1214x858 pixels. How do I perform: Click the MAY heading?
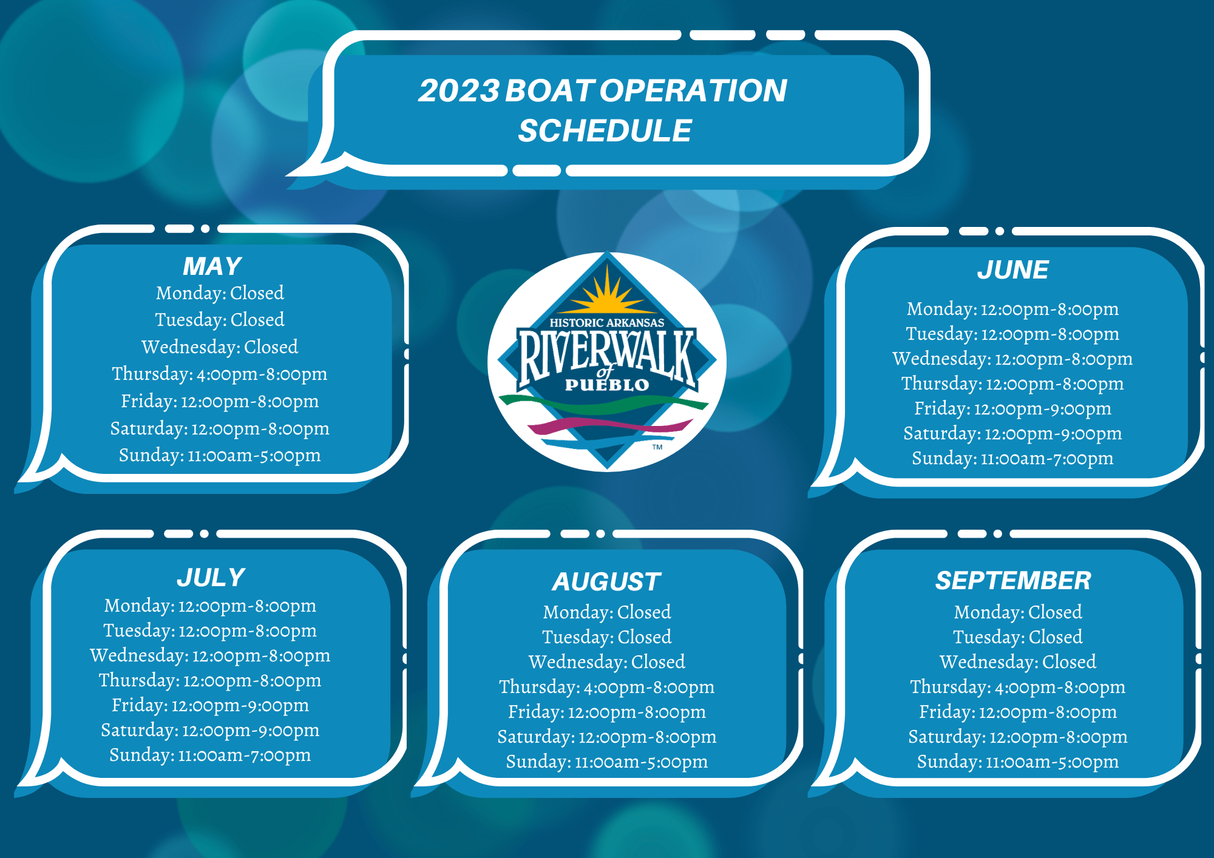coord(212,266)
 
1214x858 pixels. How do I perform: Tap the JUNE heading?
coord(1012,270)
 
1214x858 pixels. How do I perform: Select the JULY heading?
coord(211,577)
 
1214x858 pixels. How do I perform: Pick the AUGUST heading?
coord(606,581)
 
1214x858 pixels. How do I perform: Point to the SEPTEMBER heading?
coord(1013,581)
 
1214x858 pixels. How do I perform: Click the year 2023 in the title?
coord(459,91)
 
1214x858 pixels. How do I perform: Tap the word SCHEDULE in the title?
coord(605,131)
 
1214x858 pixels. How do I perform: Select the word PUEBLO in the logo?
coord(607,385)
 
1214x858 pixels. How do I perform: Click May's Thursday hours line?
coord(219,374)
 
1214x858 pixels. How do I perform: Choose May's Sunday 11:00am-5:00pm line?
coord(220,455)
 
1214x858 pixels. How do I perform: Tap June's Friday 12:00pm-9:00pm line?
coord(1012,408)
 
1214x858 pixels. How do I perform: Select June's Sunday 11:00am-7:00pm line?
coord(1012,458)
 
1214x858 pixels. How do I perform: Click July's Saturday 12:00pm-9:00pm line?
coord(210,730)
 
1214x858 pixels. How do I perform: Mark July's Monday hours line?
coord(210,606)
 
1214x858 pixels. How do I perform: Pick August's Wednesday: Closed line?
coord(607,661)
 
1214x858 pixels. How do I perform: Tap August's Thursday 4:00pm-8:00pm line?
coord(607,687)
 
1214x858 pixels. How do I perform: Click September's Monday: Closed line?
coord(1018,612)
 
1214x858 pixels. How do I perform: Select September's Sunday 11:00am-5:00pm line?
coord(1018,762)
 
